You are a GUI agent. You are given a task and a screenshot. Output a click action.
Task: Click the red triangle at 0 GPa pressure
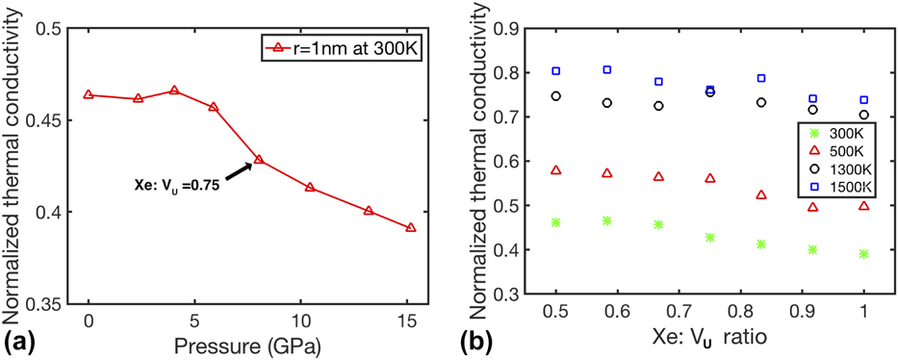[89, 94]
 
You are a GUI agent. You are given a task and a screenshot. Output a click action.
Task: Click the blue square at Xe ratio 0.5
[555, 71]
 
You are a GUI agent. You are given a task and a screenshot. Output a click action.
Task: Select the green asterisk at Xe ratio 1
[863, 254]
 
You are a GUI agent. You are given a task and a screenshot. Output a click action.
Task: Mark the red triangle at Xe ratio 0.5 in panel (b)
[555, 170]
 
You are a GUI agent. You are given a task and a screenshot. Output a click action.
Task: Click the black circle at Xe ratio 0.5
[555, 96]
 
